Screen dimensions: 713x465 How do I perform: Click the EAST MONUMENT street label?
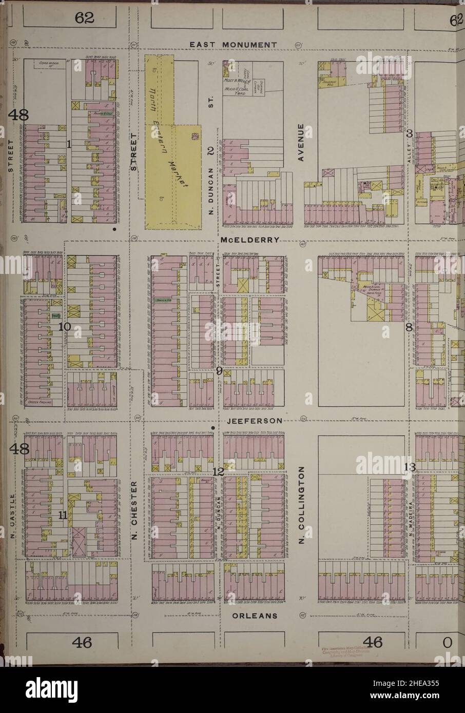[x=233, y=45]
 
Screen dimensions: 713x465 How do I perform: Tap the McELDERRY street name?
[x=250, y=240]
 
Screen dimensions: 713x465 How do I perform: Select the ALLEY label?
[x=410, y=154]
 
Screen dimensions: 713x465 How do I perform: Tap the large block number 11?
[x=63, y=516]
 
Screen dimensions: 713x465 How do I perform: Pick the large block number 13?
[x=410, y=467]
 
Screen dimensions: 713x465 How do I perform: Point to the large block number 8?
[x=410, y=328]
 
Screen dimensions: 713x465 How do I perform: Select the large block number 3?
[x=410, y=133]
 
